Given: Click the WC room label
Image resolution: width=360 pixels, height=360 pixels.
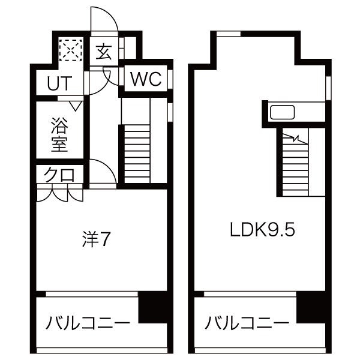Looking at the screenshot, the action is click(x=146, y=79).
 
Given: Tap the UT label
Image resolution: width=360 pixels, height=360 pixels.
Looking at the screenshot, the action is click(x=59, y=83).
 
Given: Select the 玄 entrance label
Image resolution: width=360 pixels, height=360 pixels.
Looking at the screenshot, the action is click(x=104, y=52).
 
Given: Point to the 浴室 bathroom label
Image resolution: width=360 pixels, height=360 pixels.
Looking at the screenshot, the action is click(x=59, y=134).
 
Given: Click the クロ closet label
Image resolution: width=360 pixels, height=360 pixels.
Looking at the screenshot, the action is click(x=59, y=175).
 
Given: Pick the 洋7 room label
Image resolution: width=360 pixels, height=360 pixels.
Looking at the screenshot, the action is click(x=97, y=239).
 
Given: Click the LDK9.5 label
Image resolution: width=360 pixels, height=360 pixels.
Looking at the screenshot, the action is click(x=262, y=230).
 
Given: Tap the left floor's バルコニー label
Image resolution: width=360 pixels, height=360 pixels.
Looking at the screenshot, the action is click(x=88, y=323).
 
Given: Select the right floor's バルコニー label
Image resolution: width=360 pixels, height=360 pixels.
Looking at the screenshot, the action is click(x=247, y=323).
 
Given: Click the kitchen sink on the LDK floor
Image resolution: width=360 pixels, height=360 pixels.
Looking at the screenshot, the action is click(x=282, y=112).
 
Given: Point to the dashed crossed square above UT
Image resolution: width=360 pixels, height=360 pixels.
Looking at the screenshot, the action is click(x=70, y=50).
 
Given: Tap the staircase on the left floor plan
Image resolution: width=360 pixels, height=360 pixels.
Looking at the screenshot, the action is click(x=137, y=154).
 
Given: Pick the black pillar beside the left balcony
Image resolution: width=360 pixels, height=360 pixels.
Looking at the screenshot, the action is click(x=152, y=307).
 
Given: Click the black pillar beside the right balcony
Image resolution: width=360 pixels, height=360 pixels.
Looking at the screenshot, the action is click(x=311, y=307).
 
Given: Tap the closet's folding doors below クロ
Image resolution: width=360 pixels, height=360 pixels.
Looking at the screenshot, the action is click(x=59, y=194).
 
